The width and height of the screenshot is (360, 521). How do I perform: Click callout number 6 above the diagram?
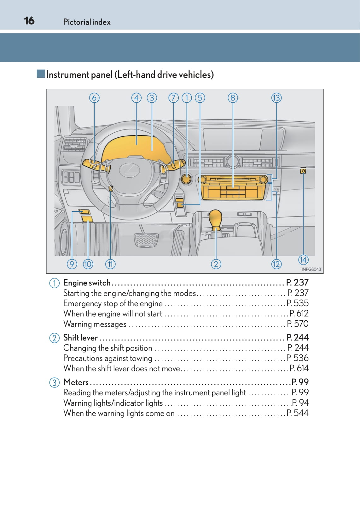click(94, 98)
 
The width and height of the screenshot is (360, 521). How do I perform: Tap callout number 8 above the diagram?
click(233, 98)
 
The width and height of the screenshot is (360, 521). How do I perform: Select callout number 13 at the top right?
click(276, 98)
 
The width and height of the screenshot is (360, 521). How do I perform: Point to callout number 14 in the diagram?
click(303, 260)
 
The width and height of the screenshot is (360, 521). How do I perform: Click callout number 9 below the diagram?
click(72, 264)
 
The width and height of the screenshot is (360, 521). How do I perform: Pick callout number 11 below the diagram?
click(110, 264)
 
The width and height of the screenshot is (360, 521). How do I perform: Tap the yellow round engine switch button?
click(187, 179)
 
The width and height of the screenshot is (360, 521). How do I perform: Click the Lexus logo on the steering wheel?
click(129, 170)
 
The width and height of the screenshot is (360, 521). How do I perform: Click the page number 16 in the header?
click(29, 21)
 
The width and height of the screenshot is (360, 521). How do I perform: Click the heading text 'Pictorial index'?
click(87, 22)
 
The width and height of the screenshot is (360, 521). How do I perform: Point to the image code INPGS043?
click(311, 269)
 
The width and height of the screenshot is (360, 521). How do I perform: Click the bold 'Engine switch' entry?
click(87, 283)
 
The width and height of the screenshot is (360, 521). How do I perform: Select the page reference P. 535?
click(298, 303)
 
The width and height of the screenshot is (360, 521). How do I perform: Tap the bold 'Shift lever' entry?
click(80, 337)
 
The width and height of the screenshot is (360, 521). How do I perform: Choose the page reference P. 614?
click(299, 368)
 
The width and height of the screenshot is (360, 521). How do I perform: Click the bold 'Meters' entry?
click(76, 382)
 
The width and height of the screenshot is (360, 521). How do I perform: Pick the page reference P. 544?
click(298, 413)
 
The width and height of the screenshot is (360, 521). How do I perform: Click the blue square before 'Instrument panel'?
click(41, 74)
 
